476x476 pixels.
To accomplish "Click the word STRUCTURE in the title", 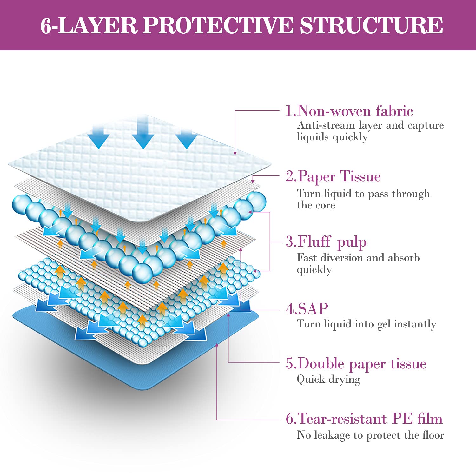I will [371, 25].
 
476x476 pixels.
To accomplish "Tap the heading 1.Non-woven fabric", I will [349, 111].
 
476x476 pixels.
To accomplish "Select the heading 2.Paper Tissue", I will [333, 176].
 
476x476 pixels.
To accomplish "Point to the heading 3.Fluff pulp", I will [326, 242].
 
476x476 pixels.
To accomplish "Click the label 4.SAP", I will [307, 309].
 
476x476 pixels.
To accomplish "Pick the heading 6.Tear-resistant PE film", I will [364, 419].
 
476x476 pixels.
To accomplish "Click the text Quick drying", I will [328, 380].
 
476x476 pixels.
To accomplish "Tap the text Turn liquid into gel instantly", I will [367, 324].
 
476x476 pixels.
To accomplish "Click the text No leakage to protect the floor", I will [370, 435].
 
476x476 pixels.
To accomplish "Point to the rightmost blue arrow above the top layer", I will [187, 137].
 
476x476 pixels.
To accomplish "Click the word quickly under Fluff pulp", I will [314, 270].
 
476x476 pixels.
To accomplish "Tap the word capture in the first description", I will [426, 126].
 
